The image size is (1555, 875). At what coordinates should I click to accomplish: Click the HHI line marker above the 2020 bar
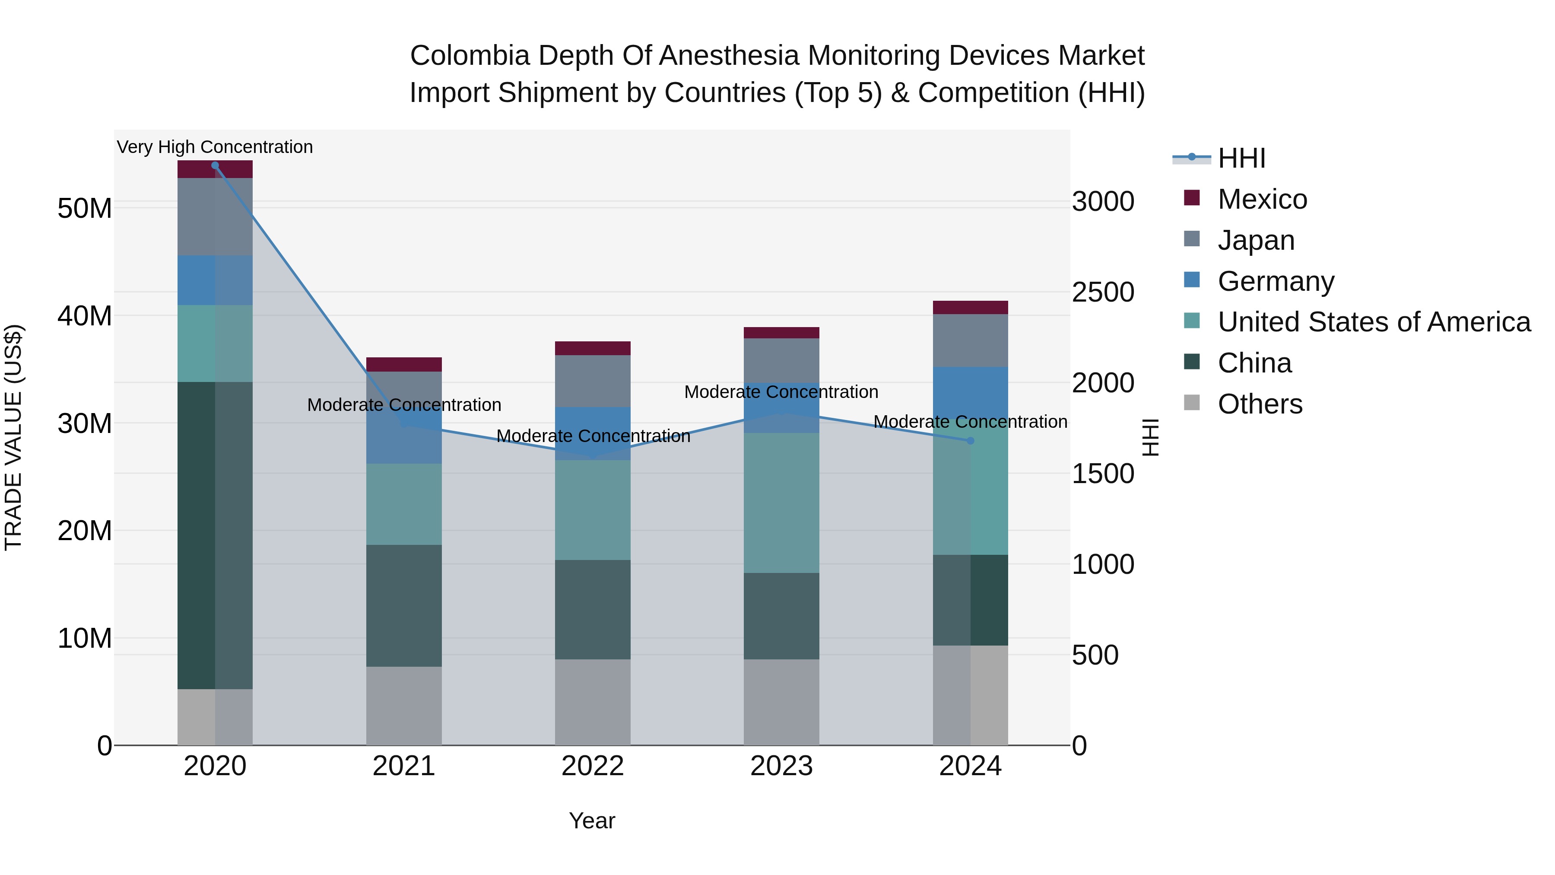[215, 165]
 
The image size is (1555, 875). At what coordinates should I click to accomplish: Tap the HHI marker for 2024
[970, 441]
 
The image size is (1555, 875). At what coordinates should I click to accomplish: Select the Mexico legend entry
[1262, 199]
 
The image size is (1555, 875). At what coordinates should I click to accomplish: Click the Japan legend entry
[1256, 240]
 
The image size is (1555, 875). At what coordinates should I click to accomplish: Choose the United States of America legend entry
[1373, 322]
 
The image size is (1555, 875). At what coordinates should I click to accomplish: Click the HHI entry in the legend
[1241, 158]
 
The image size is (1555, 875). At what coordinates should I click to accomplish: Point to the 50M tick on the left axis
[85, 208]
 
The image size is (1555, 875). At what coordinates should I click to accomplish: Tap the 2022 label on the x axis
[592, 766]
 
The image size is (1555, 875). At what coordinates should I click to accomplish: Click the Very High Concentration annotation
[215, 147]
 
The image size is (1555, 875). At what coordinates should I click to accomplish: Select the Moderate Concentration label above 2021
[404, 404]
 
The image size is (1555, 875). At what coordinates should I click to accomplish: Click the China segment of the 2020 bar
[215, 535]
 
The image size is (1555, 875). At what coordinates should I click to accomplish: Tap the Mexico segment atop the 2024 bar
[970, 307]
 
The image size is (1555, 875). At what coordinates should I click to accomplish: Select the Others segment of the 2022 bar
[592, 702]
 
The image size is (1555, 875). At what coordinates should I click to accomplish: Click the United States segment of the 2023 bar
[781, 503]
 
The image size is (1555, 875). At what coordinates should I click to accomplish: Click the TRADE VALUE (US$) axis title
[13, 437]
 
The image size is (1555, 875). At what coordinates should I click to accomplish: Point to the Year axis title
[592, 821]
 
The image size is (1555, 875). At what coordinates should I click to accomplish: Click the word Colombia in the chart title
[470, 56]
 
